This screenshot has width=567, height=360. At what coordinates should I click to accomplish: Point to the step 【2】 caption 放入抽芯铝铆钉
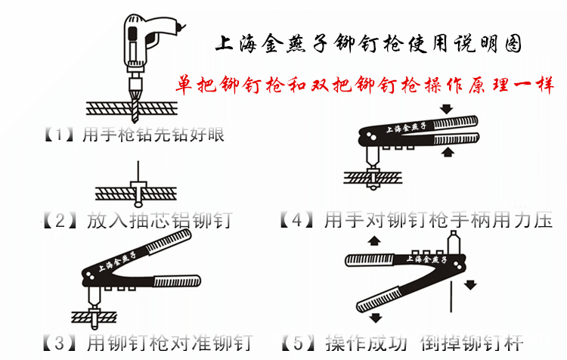160,221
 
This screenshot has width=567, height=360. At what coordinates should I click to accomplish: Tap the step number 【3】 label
58,343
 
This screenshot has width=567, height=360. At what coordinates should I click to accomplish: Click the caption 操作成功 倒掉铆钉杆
423,343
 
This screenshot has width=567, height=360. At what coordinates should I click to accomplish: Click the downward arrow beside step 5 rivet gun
471,284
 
